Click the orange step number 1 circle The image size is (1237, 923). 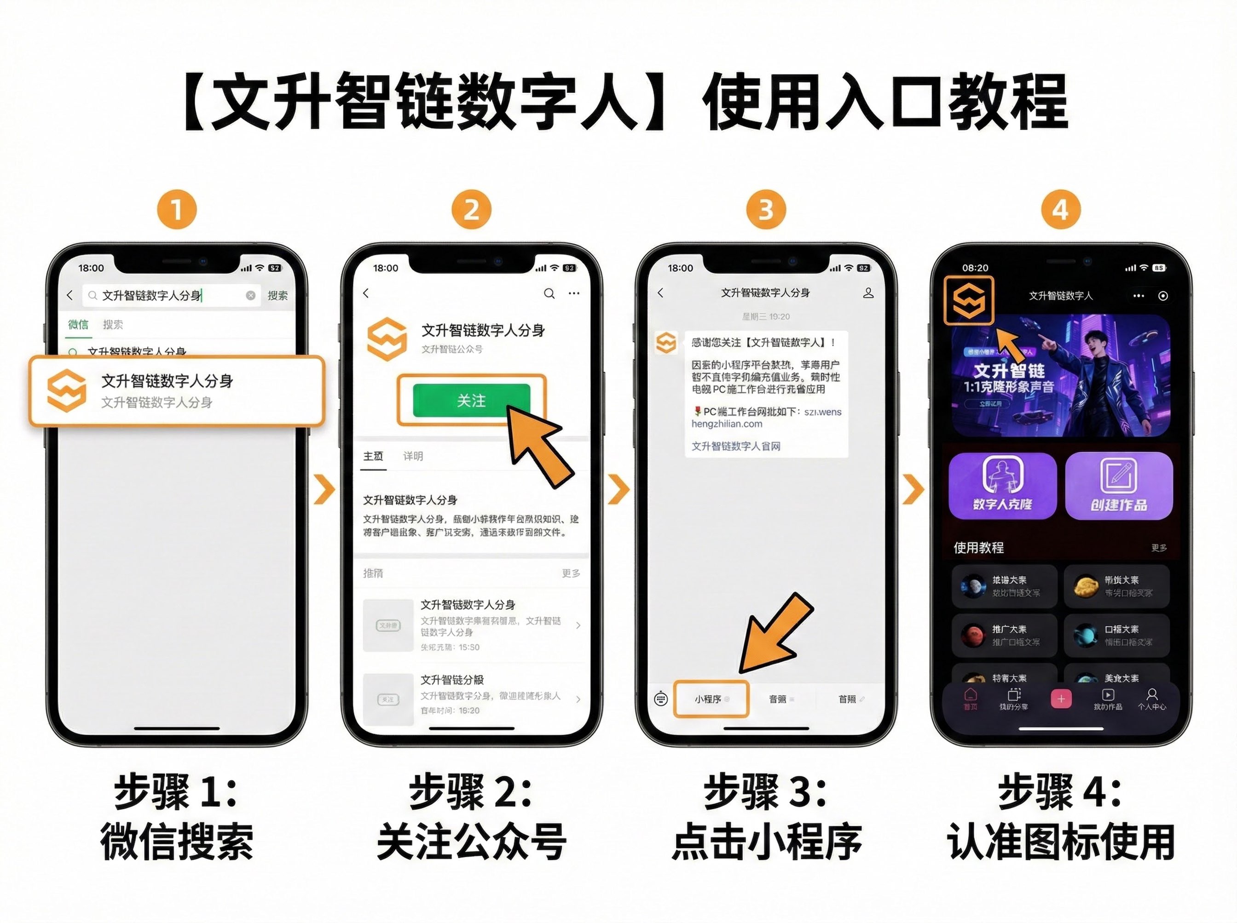[x=177, y=210]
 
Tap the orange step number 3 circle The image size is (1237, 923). [x=766, y=210]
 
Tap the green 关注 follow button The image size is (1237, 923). [x=471, y=400]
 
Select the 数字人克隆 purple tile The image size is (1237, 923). [x=1002, y=485]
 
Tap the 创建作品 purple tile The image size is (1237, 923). [x=1118, y=485]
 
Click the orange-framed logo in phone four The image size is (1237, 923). [x=969, y=300]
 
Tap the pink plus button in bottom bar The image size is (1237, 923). [x=1061, y=699]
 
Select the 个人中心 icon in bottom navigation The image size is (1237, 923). [x=1151, y=699]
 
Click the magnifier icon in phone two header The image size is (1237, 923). [x=549, y=293]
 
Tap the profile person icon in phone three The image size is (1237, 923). [x=867, y=293]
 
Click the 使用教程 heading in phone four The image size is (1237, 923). [x=978, y=548]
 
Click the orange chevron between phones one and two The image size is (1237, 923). [x=324, y=489]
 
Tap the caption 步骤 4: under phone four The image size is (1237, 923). [x=1060, y=792]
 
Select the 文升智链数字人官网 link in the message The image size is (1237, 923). [x=735, y=446]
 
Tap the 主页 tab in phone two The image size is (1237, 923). [x=373, y=456]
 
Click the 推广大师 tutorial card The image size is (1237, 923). [x=1004, y=635]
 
